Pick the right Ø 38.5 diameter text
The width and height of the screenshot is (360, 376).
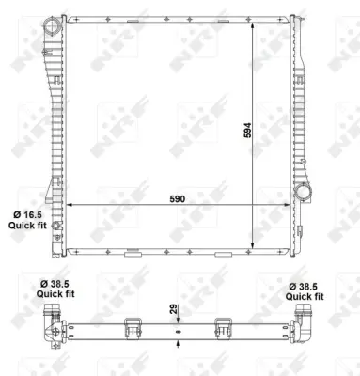[x=307, y=284]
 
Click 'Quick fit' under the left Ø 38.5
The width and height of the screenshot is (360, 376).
[x=55, y=295]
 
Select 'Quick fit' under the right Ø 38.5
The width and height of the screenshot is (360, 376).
[x=307, y=295]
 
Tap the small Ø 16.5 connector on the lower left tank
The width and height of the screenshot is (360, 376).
[x=56, y=227]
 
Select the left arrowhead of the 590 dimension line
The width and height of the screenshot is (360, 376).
[x=72, y=205]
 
